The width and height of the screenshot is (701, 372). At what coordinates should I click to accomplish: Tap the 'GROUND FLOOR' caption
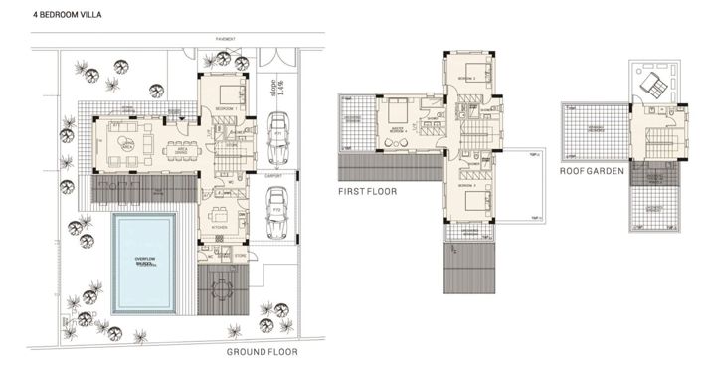(262, 352)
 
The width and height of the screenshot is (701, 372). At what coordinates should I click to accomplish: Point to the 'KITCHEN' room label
(219, 227)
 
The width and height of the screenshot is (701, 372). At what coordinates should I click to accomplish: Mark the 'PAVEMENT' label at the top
(226, 39)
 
